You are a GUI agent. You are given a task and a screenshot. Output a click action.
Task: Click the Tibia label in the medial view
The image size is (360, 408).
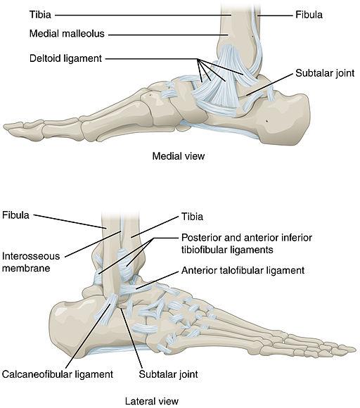pyautogui.click(x=21, y=14)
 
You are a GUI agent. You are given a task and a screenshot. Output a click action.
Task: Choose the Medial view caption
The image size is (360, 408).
pyautogui.click(x=178, y=156)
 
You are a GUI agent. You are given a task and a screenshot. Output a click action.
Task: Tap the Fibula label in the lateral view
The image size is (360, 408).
pyautogui.click(x=15, y=214)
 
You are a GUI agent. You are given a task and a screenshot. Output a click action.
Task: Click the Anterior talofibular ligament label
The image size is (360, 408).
pyautogui.click(x=242, y=270)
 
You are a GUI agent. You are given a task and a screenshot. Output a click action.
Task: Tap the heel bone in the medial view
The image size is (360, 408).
pyautogui.click(x=288, y=120)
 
